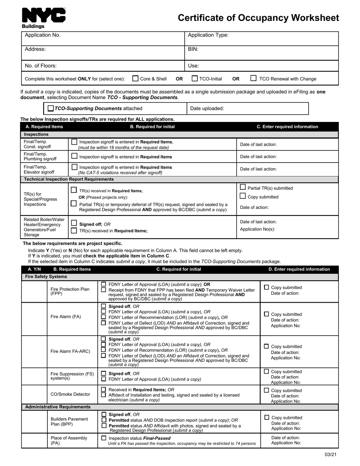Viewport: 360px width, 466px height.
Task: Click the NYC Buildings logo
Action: click(44, 18)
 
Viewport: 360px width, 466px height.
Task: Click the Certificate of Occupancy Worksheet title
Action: click(258, 18)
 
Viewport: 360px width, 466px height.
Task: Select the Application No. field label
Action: click(42, 35)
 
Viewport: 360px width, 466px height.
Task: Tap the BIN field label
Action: click(193, 49)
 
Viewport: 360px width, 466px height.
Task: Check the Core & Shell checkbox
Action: click(135, 78)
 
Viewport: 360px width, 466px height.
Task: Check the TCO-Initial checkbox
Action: click(195, 78)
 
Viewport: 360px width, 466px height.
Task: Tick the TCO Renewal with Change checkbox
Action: click(254, 78)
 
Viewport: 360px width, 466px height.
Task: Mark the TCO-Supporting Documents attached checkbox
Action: click(51, 108)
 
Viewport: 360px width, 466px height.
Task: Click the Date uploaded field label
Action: click(207, 108)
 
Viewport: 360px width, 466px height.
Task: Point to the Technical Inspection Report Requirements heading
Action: click(69, 179)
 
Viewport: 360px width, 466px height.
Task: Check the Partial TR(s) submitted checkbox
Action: click(243, 187)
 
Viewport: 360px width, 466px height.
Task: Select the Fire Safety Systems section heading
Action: click(46, 277)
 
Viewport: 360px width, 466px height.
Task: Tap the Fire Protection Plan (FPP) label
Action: click(70, 291)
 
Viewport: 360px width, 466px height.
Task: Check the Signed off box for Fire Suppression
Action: click(103, 373)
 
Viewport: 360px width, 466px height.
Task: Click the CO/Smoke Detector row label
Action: click(70, 394)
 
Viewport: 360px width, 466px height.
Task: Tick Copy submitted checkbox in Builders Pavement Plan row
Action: click(266, 417)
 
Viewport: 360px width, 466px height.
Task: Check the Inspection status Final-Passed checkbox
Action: click(104, 438)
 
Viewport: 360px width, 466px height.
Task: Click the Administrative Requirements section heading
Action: click(58, 407)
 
